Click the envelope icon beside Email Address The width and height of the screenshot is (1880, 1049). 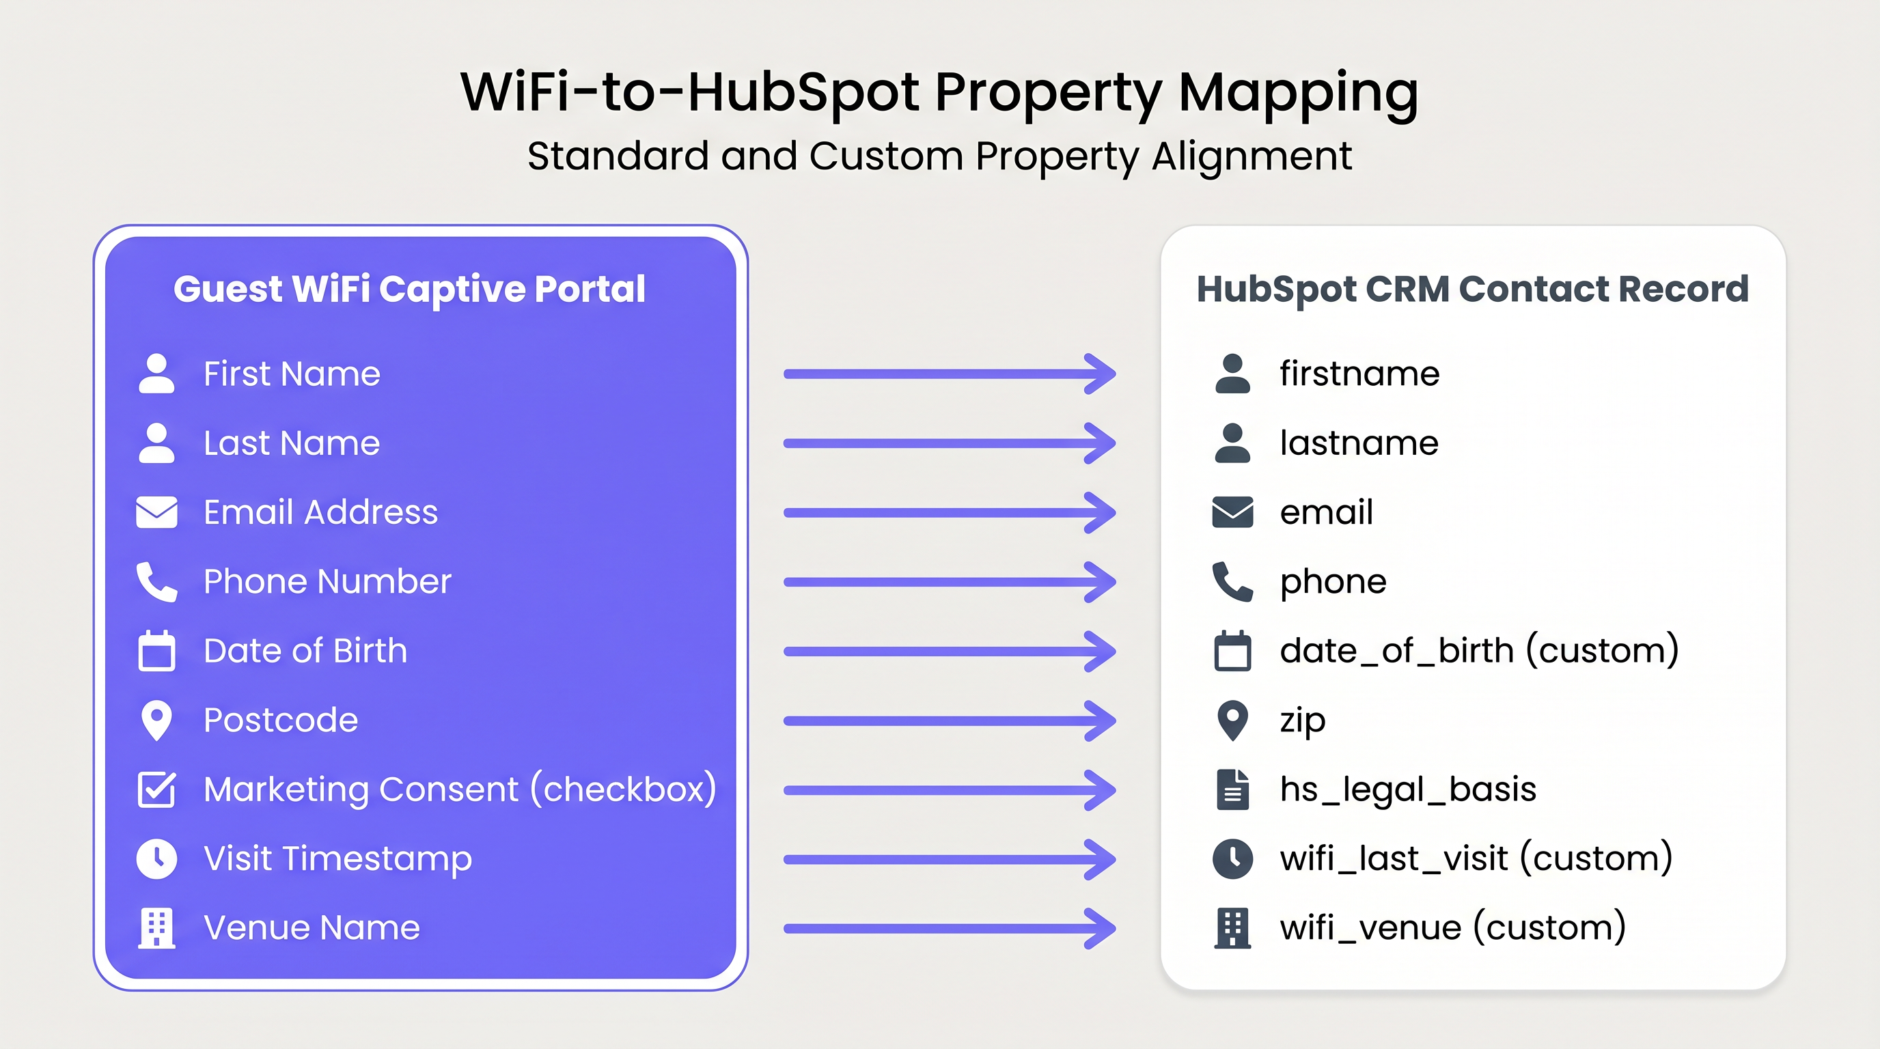(156, 512)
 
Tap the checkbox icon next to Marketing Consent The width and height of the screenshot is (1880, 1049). (156, 789)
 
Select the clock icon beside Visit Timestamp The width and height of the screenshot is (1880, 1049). (156, 858)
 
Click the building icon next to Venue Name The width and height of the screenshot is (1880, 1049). (156, 928)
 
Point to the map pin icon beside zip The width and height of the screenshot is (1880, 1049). (1232, 721)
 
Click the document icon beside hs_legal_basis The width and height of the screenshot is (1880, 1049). (1232, 789)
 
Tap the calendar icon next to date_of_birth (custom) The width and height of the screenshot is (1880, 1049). (1232, 651)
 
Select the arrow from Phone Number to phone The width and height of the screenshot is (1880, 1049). (949, 582)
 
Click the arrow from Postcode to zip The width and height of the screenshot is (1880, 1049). (949, 721)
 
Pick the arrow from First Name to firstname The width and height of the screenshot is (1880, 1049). (949, 374)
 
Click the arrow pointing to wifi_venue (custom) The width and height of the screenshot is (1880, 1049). (949, 929)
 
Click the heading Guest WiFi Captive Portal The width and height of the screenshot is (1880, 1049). (409, 289)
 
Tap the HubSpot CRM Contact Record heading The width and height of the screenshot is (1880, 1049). (1473, 289)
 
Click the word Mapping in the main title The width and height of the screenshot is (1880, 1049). (1299, 94)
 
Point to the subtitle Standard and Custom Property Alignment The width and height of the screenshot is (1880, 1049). (939, 156)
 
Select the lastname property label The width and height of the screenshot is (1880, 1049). (1359, 443)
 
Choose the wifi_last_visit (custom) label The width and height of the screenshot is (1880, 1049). (1476, 858)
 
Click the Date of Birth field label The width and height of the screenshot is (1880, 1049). (305, 651)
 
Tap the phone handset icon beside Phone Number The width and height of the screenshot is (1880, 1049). (156, 582)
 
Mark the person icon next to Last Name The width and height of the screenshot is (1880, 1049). (156, 443)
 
